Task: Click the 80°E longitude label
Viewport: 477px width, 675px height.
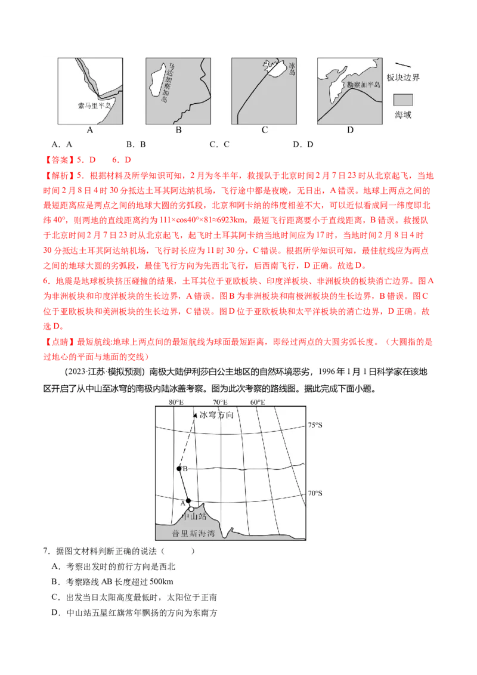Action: pos(175,402)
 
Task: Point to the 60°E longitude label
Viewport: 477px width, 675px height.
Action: pos(258,402)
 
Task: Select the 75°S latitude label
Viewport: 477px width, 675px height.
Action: pos(315,425)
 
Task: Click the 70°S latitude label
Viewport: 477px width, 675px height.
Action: pos(315,493)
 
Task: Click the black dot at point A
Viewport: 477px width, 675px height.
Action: pos(188,501)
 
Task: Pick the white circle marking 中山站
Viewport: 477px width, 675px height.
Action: pos(191,509)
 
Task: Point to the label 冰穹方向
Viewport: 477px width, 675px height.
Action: pos(218,414)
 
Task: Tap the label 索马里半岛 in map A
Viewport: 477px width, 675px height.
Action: pos(94,105)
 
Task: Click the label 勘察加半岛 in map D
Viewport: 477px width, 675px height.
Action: pos(363,85)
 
